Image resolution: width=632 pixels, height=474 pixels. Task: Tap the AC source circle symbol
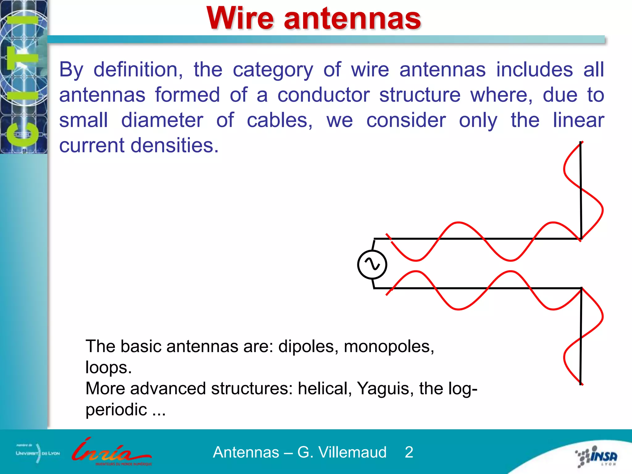372,265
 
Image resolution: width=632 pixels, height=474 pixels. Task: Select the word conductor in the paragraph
323,95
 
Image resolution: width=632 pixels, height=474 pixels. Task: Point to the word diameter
162,120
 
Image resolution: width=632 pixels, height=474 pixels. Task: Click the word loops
108,368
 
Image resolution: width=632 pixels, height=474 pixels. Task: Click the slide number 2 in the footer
409,452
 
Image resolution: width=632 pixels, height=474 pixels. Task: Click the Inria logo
111,452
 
